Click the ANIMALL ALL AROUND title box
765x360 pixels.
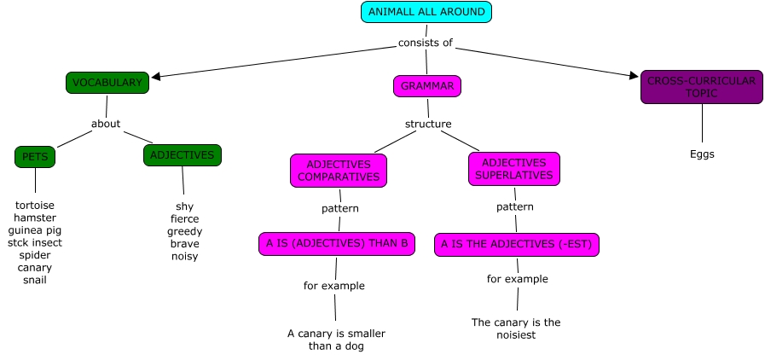(426, 12)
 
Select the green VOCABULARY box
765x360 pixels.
(107, 83)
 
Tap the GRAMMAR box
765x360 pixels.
(427, 86)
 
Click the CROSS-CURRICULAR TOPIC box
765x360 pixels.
(701, 87)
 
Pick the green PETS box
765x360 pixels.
(35, 157)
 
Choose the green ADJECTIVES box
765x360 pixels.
(183, 155)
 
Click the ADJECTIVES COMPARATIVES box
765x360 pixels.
(339, 171)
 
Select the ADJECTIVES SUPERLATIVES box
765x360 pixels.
(513, 169)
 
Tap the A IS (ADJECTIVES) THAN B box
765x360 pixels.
(338, 244)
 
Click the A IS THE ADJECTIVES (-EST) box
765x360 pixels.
(517, 245)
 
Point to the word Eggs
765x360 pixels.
(702, 154)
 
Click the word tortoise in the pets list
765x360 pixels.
(35, 206)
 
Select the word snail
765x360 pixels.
(35, 280)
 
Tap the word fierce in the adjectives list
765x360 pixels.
(185, 219)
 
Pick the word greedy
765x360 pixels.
(185, 231)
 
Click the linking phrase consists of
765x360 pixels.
(426, 43)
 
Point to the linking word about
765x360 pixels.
(106, 124)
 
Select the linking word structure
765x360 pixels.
(428, 124)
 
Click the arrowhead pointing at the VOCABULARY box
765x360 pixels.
(156, 76)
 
